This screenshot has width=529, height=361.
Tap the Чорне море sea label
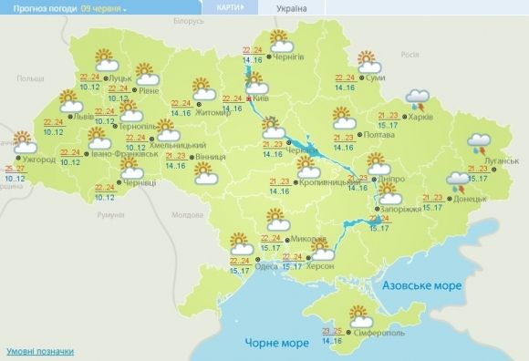point(276,343)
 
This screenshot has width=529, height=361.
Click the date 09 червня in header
point(101,7)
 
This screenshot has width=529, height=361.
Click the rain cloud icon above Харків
point(419,98)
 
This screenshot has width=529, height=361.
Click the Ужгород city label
point(38,160)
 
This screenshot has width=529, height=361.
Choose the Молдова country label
point(186,215)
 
